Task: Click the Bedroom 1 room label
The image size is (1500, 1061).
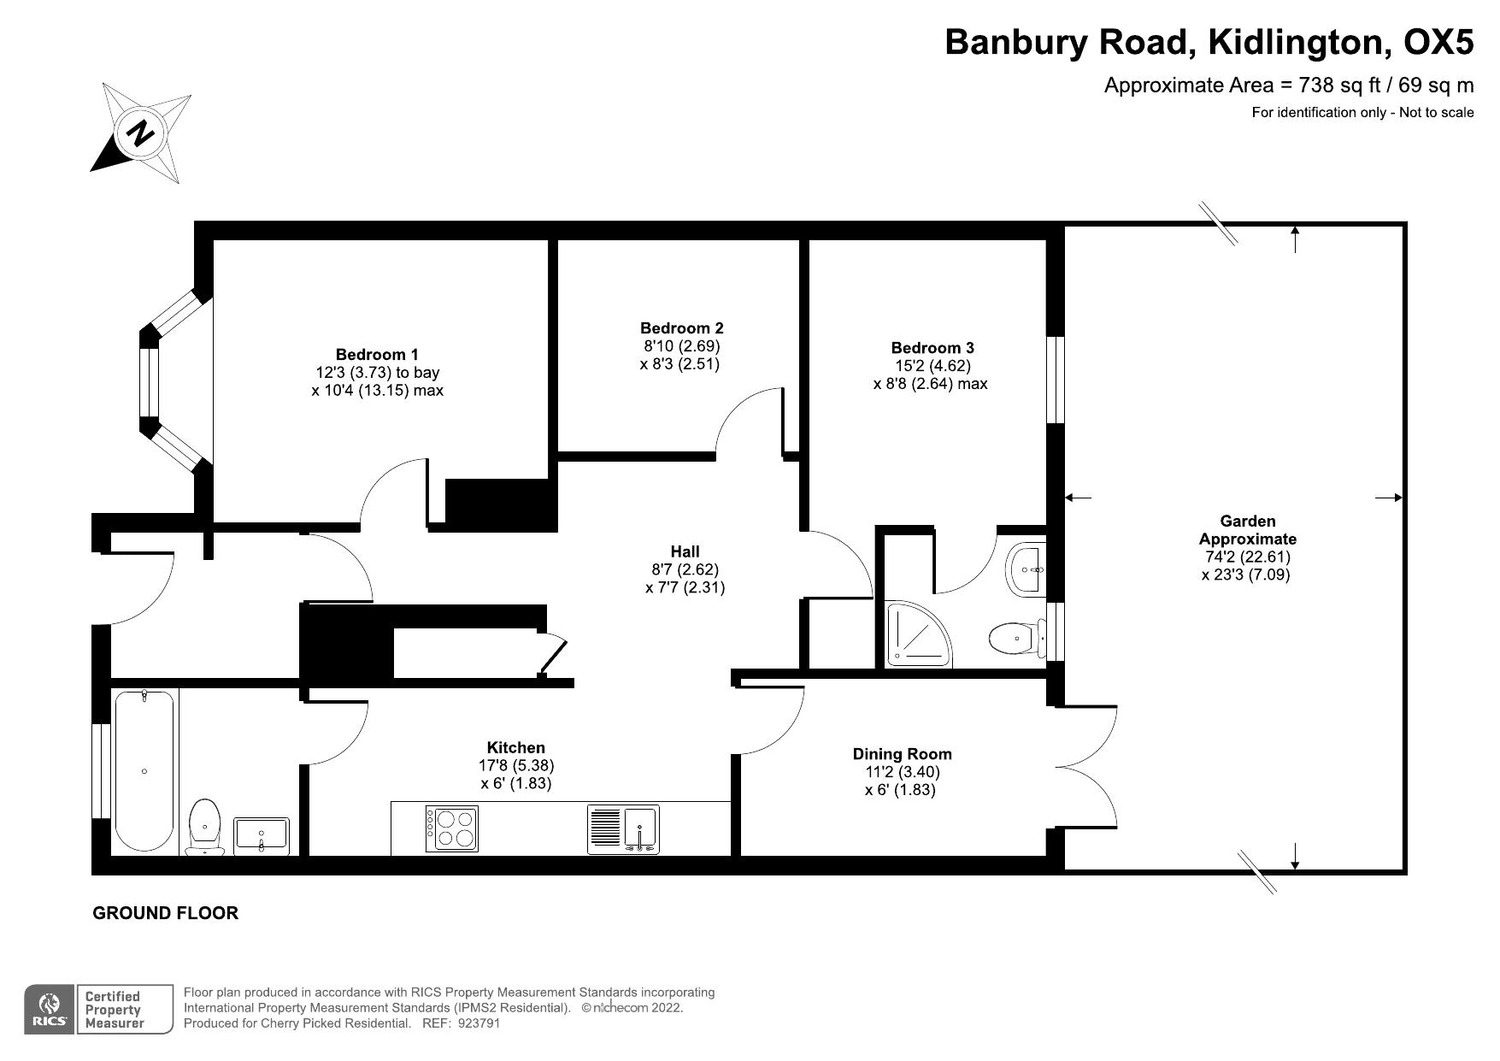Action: point(377,354)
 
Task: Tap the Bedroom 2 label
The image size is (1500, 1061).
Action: point(681,328)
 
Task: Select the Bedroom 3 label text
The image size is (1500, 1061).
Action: point(932,348)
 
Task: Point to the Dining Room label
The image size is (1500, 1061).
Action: point(902,754)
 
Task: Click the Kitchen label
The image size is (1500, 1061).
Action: point(515,748)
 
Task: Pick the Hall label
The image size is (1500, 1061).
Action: point(685,551)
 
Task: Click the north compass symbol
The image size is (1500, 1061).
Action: point(142,133)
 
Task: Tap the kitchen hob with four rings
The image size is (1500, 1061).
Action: point(450,828)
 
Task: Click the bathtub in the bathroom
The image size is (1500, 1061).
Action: point(144,771)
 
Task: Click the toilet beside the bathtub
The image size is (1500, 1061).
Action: point(205,824)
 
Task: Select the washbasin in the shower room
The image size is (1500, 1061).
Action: point(1026,569)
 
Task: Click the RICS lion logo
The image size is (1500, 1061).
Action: point(50,1009)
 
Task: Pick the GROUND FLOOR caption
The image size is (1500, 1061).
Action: point(165,913)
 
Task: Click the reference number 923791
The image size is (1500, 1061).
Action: point(479,1023)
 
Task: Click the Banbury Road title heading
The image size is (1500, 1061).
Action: point(1209,43)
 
